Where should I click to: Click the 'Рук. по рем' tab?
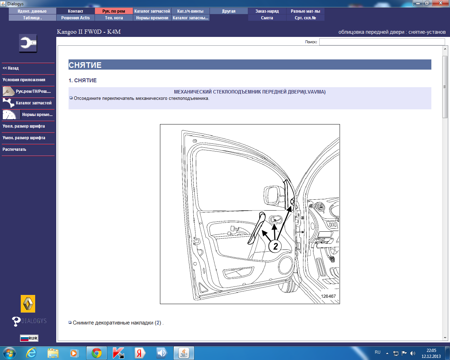point(114,11)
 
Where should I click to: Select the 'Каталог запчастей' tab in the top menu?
point(152,11)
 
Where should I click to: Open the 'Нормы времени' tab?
point(152,18)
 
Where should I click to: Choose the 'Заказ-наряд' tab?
point(267,11)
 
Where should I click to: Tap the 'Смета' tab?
point(267,18)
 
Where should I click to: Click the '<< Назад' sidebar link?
point(11,68)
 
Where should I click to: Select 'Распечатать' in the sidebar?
point(14,149)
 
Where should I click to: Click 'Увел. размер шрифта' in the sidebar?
point(24,126)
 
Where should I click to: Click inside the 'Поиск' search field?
point(382,42)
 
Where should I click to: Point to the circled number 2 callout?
point(275,246)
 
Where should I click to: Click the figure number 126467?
point(328,296)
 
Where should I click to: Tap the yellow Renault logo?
point(28,303)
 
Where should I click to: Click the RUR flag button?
point(29,338)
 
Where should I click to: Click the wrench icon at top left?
point(28,43)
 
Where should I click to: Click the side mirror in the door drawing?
point(273,195)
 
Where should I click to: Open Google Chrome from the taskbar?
point(97,353)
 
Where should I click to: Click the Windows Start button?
point(9,353)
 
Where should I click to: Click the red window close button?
point(441,3)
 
